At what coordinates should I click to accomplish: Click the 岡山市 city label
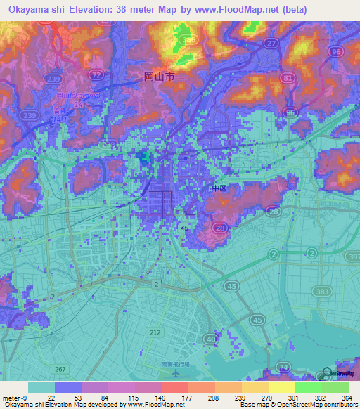[158, 79]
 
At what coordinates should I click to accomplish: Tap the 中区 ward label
[219, 188]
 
